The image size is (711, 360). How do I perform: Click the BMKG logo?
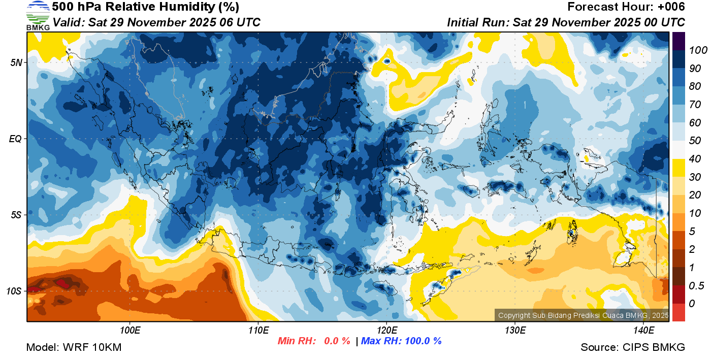38,15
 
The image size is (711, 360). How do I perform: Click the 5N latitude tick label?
16,62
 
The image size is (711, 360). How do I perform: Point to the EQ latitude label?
15,139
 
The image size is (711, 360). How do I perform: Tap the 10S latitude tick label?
14,291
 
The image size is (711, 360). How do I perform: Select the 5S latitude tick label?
16,215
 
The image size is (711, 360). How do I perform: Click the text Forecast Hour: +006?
626,7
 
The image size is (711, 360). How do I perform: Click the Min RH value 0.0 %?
337,341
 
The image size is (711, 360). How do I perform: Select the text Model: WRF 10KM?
74,347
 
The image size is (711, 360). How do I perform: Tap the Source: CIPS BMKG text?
633,347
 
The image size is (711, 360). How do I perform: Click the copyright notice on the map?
583,315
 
